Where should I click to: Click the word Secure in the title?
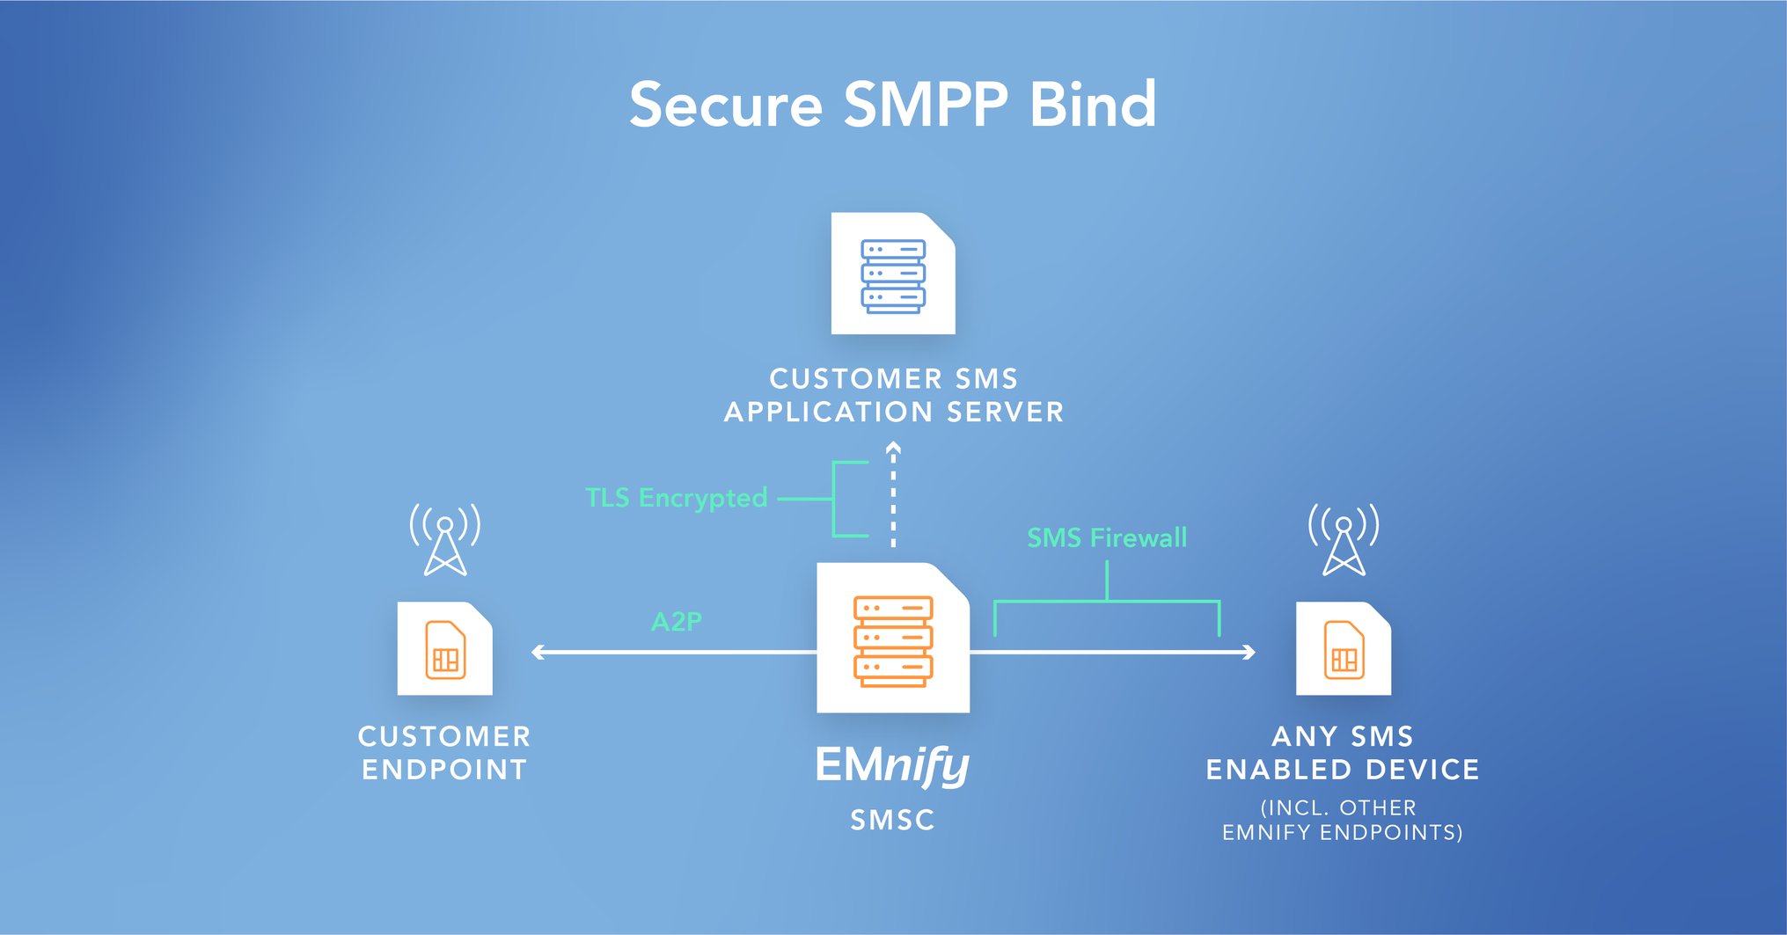(726, 106)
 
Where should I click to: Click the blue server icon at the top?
(893, 274)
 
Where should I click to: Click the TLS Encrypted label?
(676, 498)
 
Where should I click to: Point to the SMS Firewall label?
(1107, 537)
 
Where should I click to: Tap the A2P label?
(676, 622)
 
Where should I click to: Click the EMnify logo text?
(892, 765)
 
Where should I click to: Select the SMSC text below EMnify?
(892, 820)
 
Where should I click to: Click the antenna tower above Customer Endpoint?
(445, 540)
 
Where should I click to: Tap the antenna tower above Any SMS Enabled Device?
(1344, 540)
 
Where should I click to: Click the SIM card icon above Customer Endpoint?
(445, 649)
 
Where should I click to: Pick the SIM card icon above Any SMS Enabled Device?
(1344, 649)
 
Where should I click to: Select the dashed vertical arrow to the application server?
(893, 497)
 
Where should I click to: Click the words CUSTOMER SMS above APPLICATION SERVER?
(893, 379)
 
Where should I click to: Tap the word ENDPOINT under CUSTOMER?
(444, 770)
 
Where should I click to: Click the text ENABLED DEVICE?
(1343, 770)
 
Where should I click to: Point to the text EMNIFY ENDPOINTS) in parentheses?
(1343, 832)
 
